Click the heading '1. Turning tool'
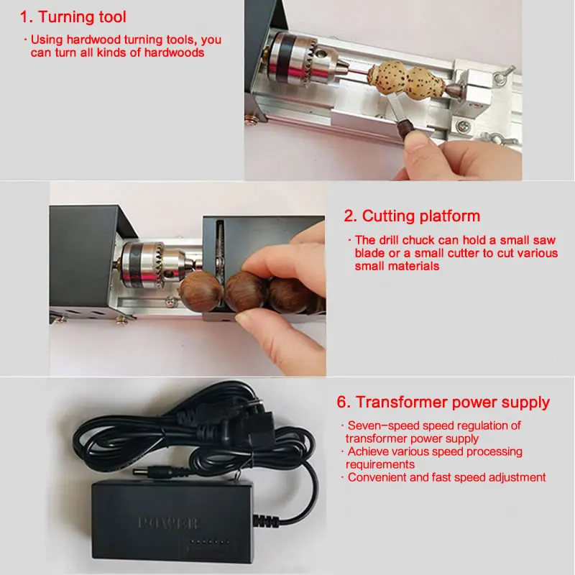pos(73,16)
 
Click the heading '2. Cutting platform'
pos(413,216)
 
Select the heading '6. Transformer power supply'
pos(443,402)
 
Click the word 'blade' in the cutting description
pos(369,253)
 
